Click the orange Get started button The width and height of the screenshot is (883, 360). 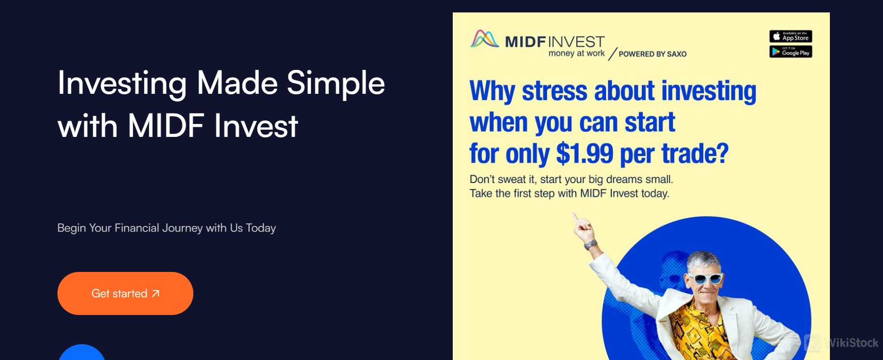[x=125, y=293]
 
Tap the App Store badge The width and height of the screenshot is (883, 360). [x=791, y=36]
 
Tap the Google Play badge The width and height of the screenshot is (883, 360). [x=791, y=52]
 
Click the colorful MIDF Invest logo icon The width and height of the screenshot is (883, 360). [x=484, y=39]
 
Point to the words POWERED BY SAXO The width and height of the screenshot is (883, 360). [x=652, y=54]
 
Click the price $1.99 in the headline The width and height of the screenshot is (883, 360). [x=584, y=154]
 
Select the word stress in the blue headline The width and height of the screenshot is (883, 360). [x=554, y=91]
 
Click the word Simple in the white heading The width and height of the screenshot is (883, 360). [x=335, y=83]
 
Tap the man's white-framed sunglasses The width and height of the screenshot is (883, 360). [x=705, y=278]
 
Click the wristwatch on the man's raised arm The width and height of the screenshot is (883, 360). [x=591, y=244]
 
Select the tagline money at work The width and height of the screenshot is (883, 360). [x=576, y=53]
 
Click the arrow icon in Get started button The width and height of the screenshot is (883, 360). [x=156, y=293]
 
